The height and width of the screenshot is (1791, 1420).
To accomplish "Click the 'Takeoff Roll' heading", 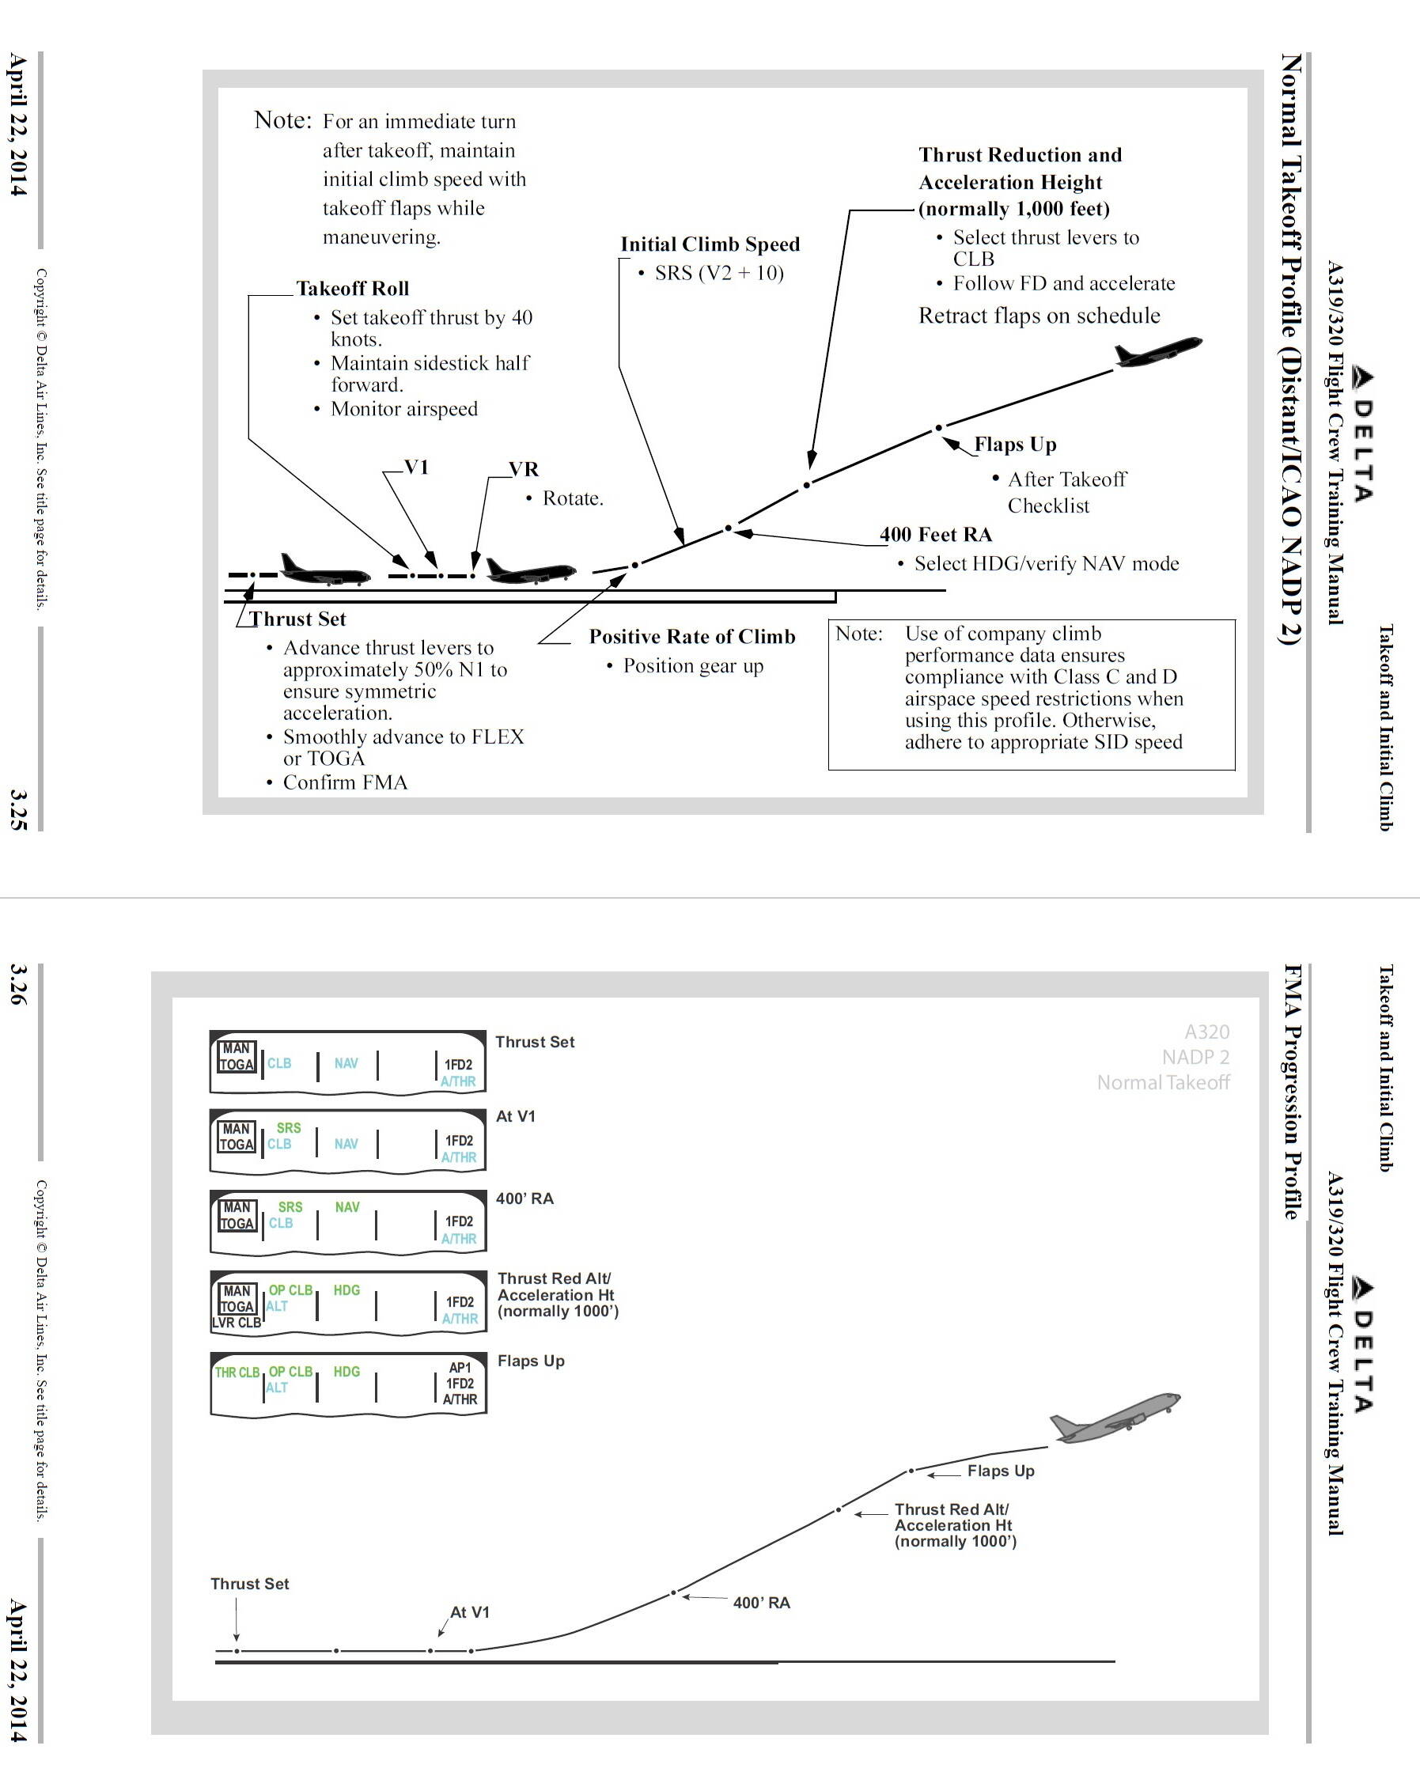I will pos(352,288).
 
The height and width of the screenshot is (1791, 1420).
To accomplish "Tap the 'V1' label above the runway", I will pos(416,467).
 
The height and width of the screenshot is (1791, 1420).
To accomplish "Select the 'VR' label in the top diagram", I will pos(524,469).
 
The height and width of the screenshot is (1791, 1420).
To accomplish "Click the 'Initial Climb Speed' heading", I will pos(710,244).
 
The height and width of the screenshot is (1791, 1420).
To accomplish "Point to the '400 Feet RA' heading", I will pos(936,534).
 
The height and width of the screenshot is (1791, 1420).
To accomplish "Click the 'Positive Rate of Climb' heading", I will pos(691,636).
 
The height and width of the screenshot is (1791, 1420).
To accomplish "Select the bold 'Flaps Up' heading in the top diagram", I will pos(1014,445).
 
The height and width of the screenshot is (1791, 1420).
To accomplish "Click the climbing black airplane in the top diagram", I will pos(1157,352).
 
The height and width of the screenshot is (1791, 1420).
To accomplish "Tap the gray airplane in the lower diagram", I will pos(1113,1417).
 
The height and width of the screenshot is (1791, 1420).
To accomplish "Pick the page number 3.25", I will pos(18,810).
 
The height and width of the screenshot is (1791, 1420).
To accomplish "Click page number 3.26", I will pos(18,985).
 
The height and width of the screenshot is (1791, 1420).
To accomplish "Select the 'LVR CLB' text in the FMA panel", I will pos(237,1323).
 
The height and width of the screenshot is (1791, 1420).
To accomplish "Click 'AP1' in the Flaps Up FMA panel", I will pos(460,1367).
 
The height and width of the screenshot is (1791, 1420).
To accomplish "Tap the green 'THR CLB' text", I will pos(237,1373).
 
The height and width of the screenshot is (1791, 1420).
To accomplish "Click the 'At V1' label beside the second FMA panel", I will pos(515,1116).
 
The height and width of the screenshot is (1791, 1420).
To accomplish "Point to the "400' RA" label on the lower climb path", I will pos(761,1603).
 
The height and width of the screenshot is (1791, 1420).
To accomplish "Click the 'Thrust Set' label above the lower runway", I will pos(249,1583).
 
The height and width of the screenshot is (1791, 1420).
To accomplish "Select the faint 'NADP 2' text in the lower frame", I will pos(1195,1057).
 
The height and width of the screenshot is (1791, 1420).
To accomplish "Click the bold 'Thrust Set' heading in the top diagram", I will pos(297,619).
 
